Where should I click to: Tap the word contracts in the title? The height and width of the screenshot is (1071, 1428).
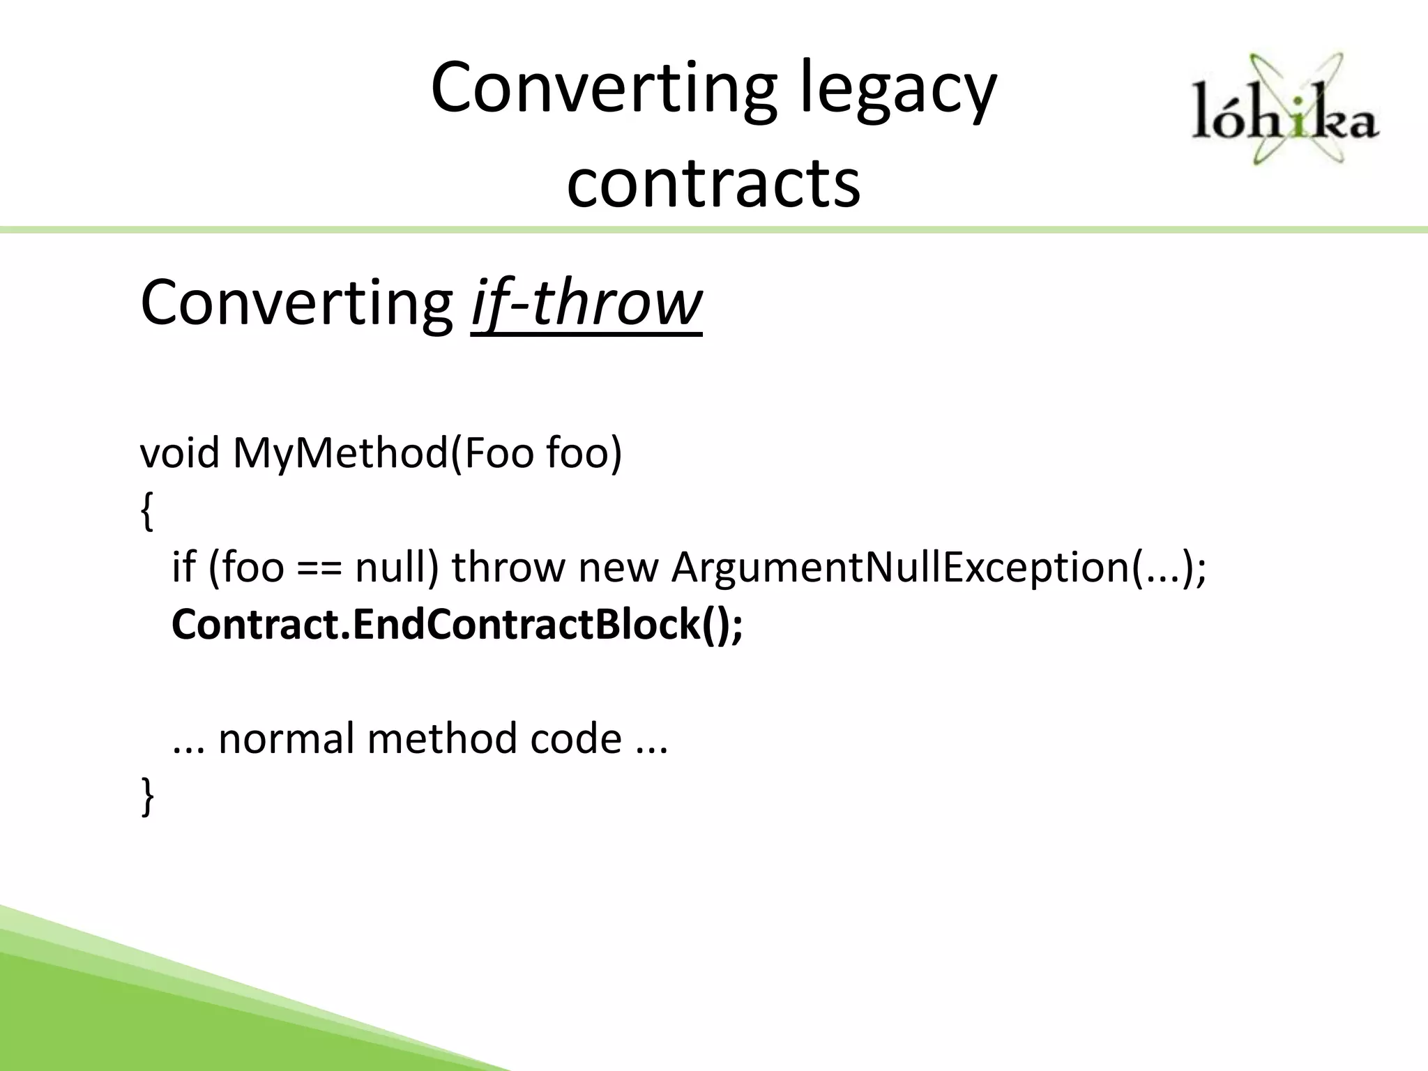click(713, 183)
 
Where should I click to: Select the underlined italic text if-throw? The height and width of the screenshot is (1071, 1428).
click(586, 303)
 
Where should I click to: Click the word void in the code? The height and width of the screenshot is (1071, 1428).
click(180, 453)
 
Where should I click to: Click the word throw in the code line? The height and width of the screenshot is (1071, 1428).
click(508, 567)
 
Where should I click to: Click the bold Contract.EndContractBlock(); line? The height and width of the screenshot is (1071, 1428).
click(457, 624)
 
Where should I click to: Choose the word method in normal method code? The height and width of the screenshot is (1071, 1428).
click(443, 738)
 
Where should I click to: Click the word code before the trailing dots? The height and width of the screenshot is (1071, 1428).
click(575, 738)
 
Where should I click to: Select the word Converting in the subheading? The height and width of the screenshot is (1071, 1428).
click(297, 303)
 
